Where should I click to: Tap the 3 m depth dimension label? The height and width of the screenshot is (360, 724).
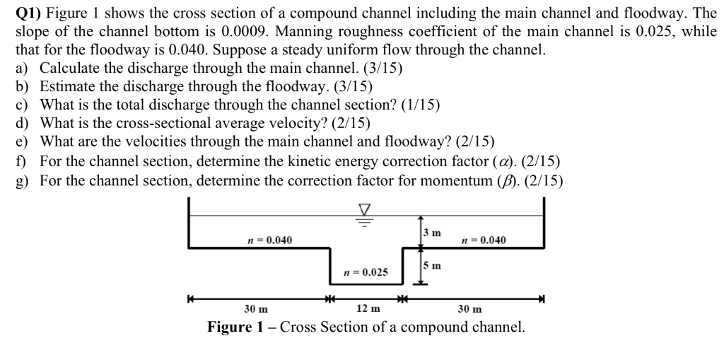pyautogui.click(x=432, y=233)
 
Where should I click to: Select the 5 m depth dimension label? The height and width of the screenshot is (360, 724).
pyautogui.click(x=432, y=266)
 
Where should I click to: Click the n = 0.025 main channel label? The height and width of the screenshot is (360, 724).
pyautogui.click(x=365, y=272)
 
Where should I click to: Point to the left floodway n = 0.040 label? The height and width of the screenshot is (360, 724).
pyautogui.click(x=269, y=240)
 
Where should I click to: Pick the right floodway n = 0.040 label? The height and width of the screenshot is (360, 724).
pyautogui.click(x=483, y=240)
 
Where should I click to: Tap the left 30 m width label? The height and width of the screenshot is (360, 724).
pyautogui.click(x=255, y=308)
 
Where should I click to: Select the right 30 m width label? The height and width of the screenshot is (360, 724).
pyautogui.click(x=470, y=308)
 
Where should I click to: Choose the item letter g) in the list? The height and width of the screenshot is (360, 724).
pyautogui.click(x=23, y=179)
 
